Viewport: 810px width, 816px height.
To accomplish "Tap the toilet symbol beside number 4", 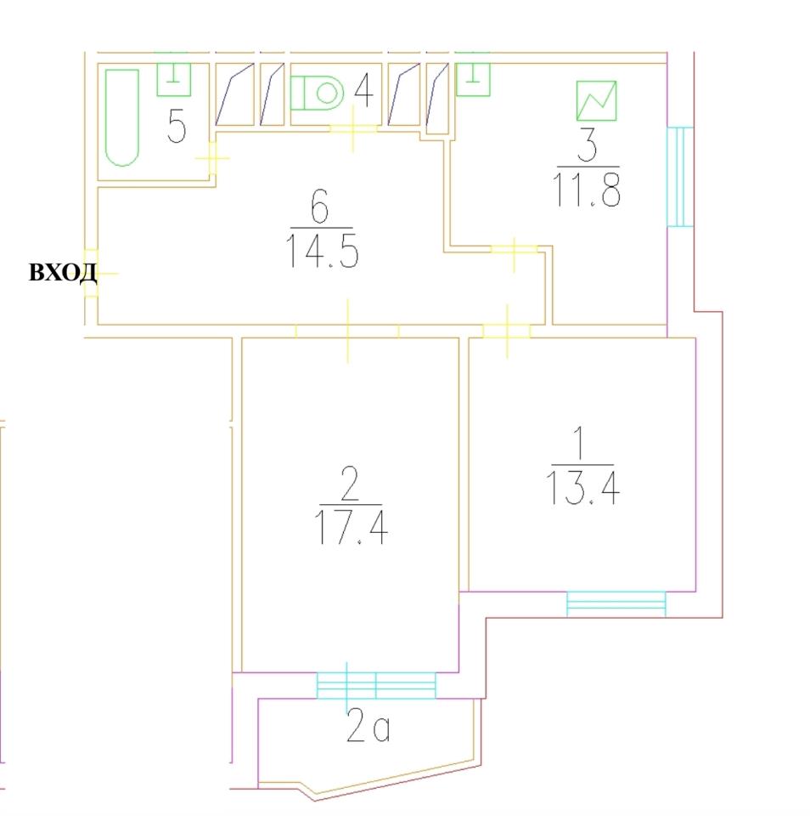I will tap(317, 92).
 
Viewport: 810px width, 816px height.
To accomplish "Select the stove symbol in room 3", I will tap(596, 100).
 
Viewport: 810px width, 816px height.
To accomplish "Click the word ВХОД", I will tap(62, 273).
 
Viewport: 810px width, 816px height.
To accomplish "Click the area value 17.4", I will tap(352, 527).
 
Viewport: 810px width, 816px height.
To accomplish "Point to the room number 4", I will tap(362, 91).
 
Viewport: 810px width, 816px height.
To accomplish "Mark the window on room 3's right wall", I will tap(679, 177).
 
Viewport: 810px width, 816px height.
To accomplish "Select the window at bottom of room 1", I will tap(616, 603).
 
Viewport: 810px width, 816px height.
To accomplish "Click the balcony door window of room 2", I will tap(375, 685).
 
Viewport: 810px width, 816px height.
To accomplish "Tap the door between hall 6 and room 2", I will tap(347, 330).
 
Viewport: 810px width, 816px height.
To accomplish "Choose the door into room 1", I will tap(507, 331).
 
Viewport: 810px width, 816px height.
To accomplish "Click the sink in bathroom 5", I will tap(174, 79).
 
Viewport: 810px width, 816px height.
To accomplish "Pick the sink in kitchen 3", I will tap(472, 80).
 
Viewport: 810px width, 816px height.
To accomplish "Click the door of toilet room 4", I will tap(352, 128).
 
